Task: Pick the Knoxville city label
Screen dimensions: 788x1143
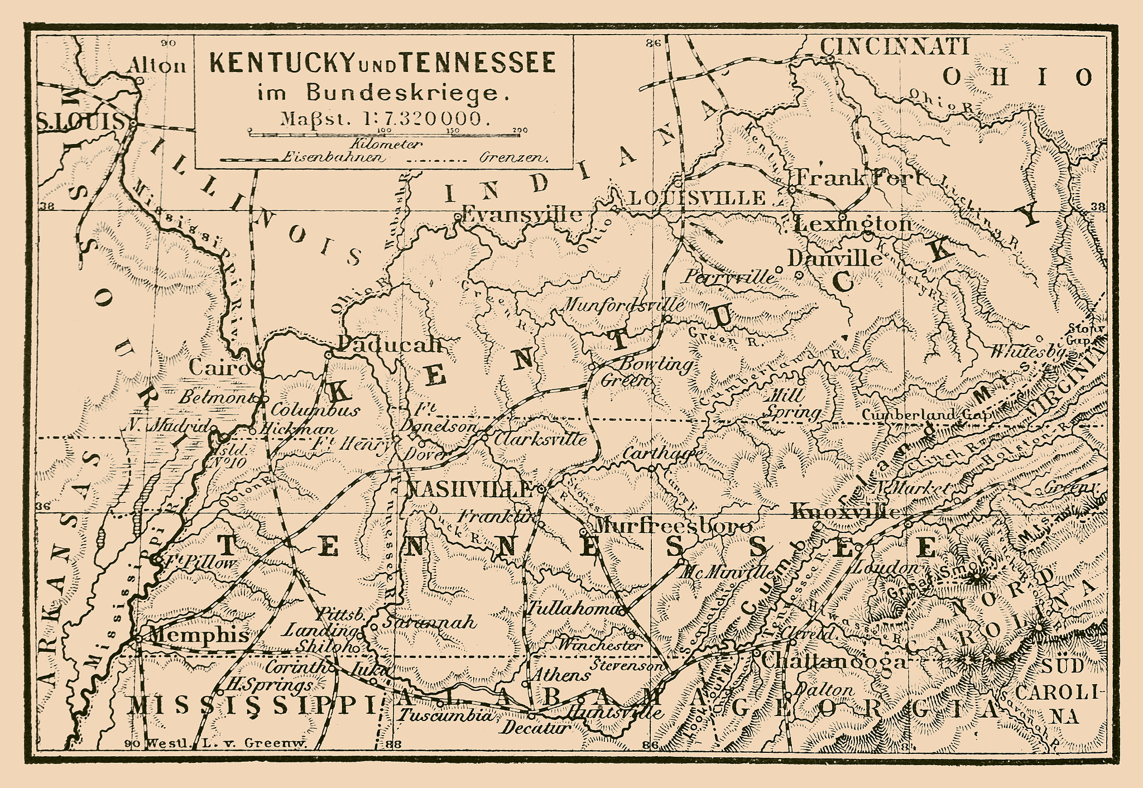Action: [x=846, y=512]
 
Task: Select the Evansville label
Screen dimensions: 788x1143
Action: [x=522, y=215]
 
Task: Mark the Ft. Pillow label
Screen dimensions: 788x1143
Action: [x=198, y=563]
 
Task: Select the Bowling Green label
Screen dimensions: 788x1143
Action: [x=647, y=371]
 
